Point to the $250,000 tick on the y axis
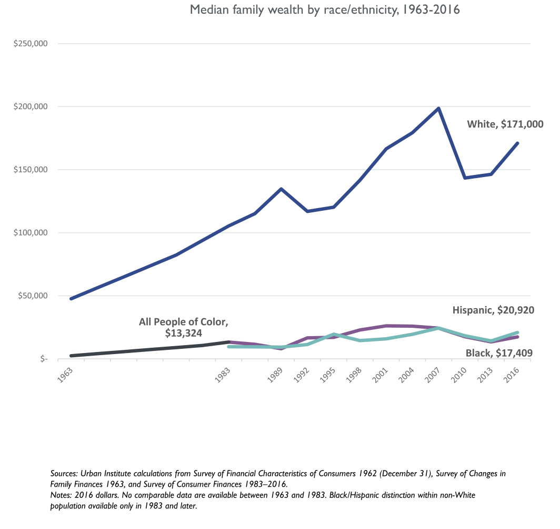click(31, 44)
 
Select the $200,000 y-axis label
click(31, 107)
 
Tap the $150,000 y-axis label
click(31, 170)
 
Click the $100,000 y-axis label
click(31, 233)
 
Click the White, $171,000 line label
click(505, 124)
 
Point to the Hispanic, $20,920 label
click(494, 311)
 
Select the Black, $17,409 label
click(500, 353)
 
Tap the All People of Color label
click(184, 321)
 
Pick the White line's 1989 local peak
click(281, 189)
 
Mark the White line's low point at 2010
click(465, 178)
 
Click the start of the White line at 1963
click(71, 299)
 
